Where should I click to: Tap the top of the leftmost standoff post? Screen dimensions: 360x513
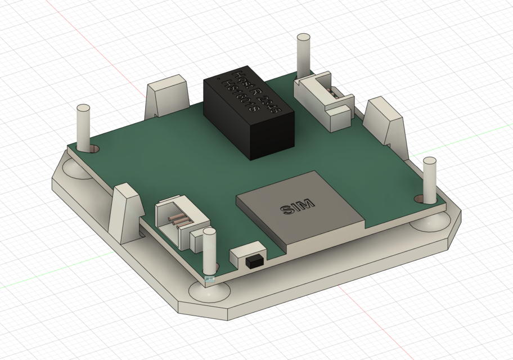84,108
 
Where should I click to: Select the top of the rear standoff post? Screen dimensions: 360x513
303,37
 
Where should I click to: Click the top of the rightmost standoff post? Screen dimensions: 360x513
430,161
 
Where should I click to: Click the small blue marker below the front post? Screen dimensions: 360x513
210,278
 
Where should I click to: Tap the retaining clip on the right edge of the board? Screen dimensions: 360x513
386,120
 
